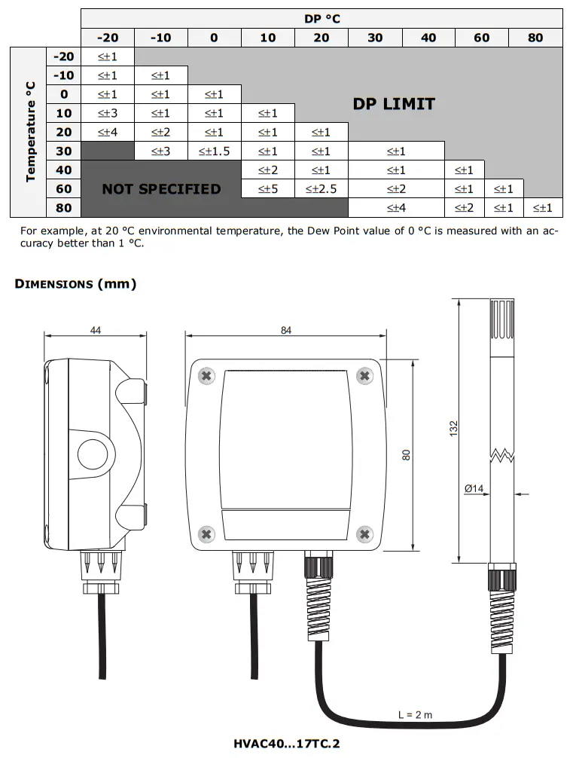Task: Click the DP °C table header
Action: [322, 18]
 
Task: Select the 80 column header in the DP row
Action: [535, 38]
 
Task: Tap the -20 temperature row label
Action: [64, 56]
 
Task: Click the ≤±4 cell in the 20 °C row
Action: [108, 132]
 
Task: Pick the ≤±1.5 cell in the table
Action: [215, 151]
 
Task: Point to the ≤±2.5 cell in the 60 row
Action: [322, 189]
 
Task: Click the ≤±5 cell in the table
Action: [268, 189]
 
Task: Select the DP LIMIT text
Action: [394, 104]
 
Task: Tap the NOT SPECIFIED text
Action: [161, 189]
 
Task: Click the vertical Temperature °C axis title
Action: [31, 131]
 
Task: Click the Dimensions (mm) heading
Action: [76, 284]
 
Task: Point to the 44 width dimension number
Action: [95, 330]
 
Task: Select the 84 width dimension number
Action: [286, 331]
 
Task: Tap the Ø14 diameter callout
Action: [474, 489]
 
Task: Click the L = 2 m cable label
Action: [416, 715]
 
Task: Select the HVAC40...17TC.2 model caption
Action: [286, 744]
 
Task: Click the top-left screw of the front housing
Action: [206, 375]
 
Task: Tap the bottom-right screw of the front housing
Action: [365, 534]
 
